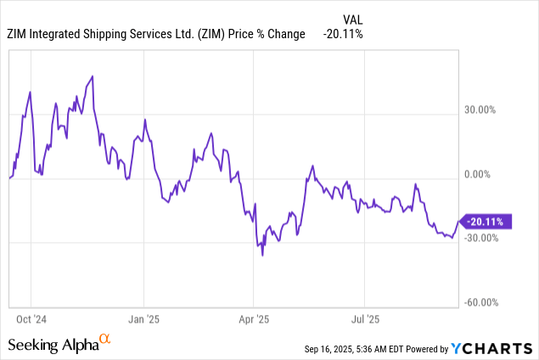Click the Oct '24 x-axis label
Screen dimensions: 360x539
[x=31, y=319]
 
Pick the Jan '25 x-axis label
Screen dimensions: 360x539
[x=143, y=319]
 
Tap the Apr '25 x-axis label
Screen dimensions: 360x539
[x=253, y=319]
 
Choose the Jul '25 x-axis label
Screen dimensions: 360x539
[x=364, y=319]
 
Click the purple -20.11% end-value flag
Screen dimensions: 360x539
[x=486, y=222]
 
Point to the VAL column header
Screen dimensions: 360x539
[x=354, y=18]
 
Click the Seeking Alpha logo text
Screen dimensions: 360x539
[x=53, y=345]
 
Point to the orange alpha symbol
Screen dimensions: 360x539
[x=104, y=340]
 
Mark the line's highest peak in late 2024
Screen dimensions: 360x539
[x=92, y=76]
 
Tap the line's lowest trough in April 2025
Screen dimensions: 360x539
[x=262, y=255]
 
